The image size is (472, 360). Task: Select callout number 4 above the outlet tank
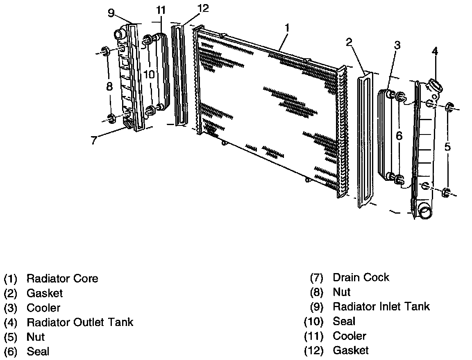435,51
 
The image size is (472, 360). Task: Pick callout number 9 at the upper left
111,13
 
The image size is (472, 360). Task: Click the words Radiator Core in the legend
62,279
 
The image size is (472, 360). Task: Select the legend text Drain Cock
361,278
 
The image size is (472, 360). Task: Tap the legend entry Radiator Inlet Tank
381,306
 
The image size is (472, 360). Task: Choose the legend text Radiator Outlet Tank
80,322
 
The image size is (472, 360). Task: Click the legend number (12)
313,351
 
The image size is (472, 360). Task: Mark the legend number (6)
10,351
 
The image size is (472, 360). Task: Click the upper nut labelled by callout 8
105,51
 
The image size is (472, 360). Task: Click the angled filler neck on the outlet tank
434,87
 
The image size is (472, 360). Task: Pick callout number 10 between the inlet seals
149,74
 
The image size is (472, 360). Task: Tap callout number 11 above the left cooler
161,10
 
